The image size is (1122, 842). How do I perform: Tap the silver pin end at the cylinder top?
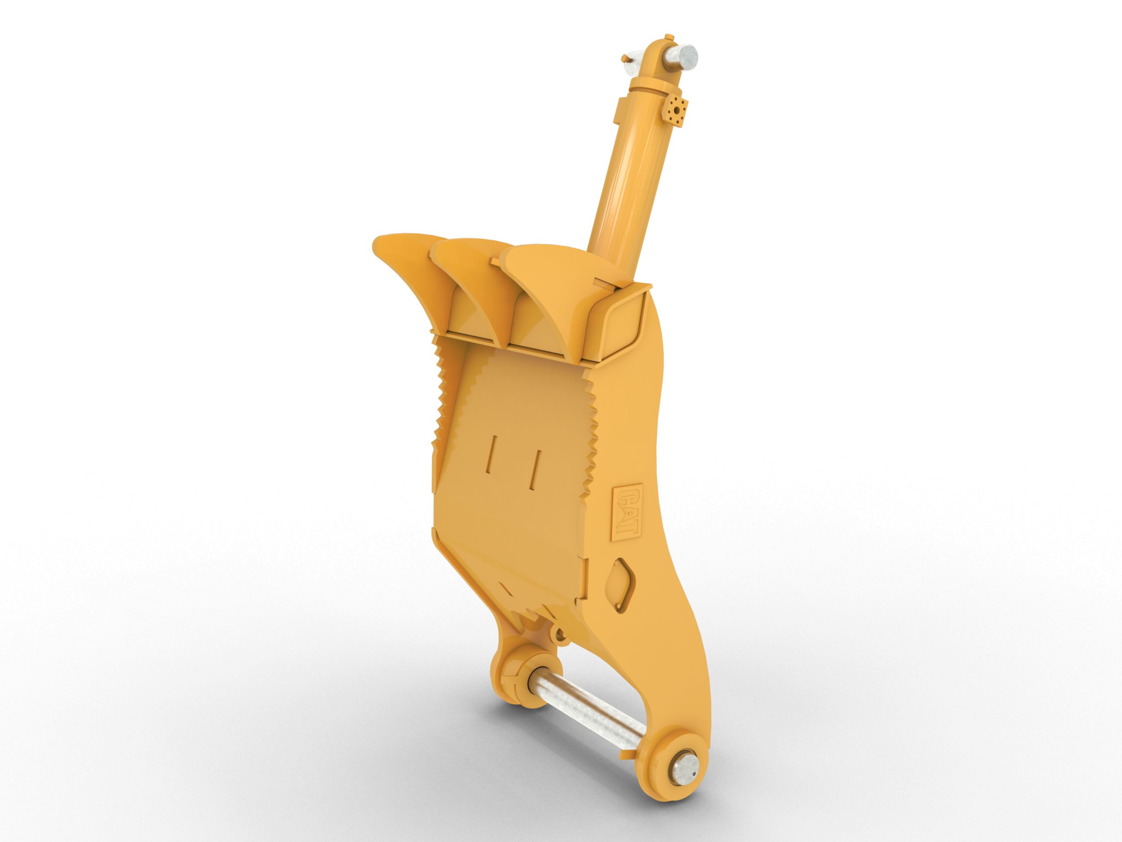click(x=687, y=54)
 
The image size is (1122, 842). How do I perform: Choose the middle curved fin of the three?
click(x=467, y=284)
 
